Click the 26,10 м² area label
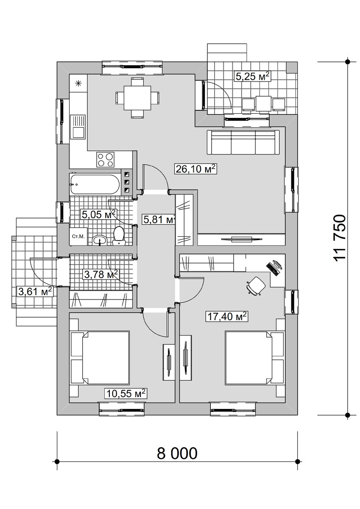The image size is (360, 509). click(195, 169)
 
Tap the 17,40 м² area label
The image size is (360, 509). click(227, 316)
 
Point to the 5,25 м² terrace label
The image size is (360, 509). click(253, 76)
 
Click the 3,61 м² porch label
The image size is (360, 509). click(35, 291)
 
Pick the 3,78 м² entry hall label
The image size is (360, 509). click(101, 274)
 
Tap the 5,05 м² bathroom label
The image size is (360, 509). click(98, 214)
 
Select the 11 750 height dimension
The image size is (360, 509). click(340, 238)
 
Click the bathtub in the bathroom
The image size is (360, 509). click(95, 184)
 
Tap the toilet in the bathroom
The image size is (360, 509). click(119, 236)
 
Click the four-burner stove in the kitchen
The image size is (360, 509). click(106, 159)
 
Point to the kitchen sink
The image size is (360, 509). click(78, 127)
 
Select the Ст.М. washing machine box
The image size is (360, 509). click(78, 237)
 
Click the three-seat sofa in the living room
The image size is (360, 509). click(243, 143)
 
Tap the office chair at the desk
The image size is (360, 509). click(256, 285)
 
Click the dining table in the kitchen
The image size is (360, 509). click(137, 98)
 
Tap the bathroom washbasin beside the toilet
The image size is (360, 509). click(100, 240)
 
